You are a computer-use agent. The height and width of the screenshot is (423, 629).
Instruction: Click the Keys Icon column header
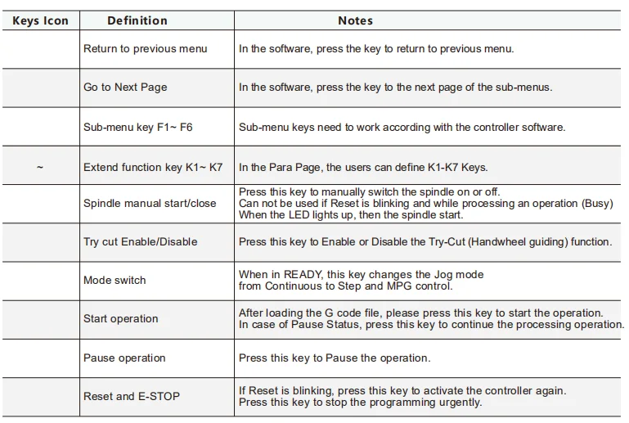pos(40,20)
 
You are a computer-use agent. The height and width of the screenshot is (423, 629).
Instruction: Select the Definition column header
pos(137,20)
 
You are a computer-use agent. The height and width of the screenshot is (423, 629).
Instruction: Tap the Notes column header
pos(355,20)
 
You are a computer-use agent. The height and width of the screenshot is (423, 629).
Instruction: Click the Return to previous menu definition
pos(145,49)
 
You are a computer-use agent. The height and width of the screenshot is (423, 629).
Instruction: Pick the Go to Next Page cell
pos(125,88)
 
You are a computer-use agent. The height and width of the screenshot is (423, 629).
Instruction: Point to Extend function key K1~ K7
pos(153,168)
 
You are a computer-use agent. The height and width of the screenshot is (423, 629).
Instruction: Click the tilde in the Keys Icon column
pos(40,168)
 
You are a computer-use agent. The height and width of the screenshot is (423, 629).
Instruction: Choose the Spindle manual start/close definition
pos(150,203)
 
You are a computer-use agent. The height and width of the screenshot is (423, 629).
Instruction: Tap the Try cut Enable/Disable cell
pos(140,242)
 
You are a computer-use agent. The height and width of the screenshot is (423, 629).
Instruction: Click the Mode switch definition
pos(115,281)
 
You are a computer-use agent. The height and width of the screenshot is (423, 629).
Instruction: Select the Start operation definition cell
pos(120,319)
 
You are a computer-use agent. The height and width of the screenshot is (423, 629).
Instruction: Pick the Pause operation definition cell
pos(124,358)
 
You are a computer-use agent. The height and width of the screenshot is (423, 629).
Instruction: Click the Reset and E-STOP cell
pos(131,397)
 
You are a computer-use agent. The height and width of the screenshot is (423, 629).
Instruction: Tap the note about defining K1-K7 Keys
pos(363,168)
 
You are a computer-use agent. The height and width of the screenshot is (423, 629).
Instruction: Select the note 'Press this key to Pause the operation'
pos(334,358)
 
